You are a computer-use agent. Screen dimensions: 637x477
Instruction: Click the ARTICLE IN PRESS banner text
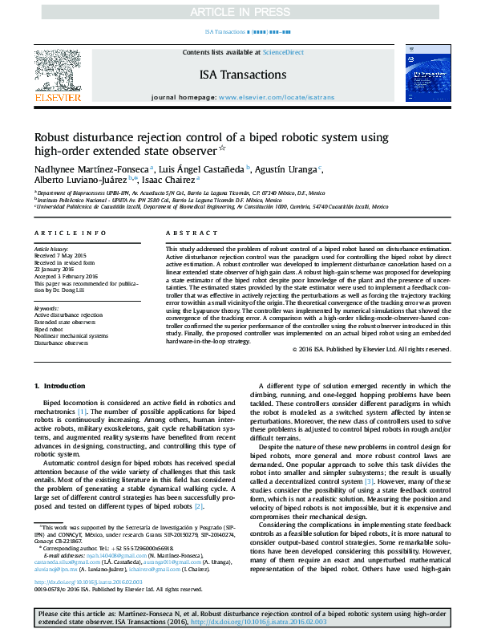(x=238, y=12)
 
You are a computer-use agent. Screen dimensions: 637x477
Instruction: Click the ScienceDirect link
(x=284, y=51)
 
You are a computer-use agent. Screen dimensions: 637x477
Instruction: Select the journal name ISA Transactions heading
(x=242, y=75)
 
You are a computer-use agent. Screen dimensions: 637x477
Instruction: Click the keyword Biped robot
(x=50, y=329)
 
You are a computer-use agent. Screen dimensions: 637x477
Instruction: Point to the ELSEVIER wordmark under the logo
(x=57, y=97)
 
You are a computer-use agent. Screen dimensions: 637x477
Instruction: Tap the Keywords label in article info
(x=46, y=308)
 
